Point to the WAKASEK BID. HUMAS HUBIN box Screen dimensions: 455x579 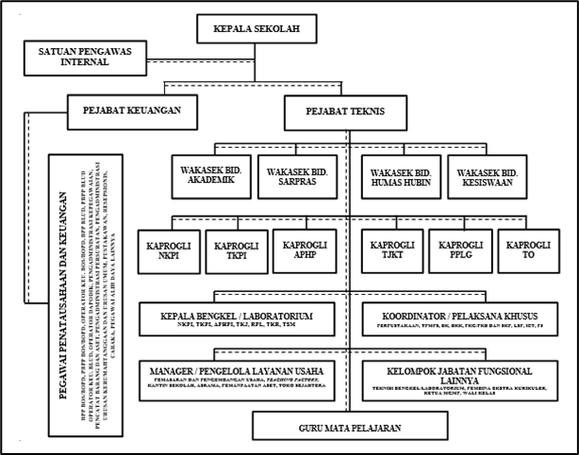[x=397, y=175]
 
